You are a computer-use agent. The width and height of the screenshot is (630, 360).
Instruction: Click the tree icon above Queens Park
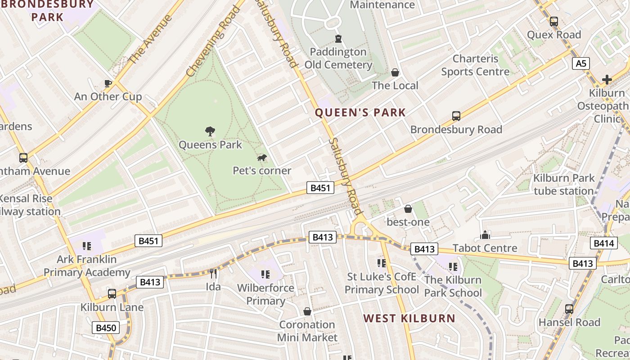click(210, 131)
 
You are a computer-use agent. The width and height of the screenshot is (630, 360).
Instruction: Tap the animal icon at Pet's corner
click(261, 157)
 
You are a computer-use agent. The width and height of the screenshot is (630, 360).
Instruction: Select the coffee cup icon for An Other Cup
click(108, 83)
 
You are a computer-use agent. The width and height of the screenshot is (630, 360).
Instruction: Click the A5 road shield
click(581, 63)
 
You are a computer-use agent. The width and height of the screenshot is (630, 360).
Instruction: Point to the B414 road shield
click(603, 243)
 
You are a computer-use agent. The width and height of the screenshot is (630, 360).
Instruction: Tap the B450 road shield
click(106, 328)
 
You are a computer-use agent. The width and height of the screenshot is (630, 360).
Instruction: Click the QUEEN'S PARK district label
click(360, 112)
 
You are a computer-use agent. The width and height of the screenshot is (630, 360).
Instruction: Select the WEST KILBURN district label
click(409, 319)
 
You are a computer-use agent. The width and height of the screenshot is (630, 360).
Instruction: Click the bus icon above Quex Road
click(554, 22)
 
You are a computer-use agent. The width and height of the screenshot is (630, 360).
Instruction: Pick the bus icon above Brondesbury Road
click(456, 116)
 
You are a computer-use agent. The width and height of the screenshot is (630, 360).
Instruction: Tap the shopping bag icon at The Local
click(395, 72)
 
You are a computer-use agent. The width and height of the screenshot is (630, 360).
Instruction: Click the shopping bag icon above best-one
click(408, 209)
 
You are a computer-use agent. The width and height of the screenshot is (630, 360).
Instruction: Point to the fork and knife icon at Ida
click(213, 273)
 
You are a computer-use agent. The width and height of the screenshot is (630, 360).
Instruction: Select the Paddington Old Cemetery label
click(338, 58)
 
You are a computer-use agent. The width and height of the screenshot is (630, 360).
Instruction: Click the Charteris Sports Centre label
click(475, 65)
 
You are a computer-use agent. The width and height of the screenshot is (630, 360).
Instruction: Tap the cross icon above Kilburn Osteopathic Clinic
click(607, 80)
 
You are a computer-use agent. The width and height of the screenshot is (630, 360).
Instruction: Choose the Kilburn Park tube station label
click(563, 184)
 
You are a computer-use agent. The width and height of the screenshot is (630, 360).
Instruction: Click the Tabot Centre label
click(485, 248)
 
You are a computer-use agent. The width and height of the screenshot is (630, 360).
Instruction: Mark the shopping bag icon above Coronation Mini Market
click(307, 311)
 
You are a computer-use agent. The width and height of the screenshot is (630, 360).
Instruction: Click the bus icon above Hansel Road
click(569, 309)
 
